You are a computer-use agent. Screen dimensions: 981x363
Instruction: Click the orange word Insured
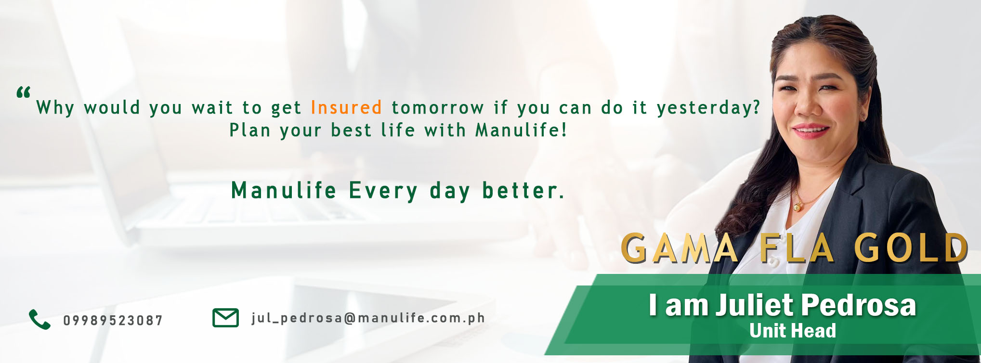pos(346,107)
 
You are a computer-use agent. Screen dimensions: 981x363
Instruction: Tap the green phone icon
pos(39,319)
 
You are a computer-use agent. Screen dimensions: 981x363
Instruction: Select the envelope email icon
pos(225,318)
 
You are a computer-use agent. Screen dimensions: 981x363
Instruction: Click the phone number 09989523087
pos(113,321)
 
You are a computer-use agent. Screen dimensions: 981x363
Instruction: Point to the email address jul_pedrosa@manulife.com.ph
pos(368,318)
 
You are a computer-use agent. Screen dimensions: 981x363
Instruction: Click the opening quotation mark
pos(24,92)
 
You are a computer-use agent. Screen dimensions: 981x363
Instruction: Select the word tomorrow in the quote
pos(438,108)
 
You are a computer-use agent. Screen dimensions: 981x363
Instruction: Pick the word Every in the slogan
pos(383,191)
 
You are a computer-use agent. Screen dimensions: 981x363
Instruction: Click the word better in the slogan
pos(523,191)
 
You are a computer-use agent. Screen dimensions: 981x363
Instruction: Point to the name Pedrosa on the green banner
pos(859,305)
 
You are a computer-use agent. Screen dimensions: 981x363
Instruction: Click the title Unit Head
pos(793,331)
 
